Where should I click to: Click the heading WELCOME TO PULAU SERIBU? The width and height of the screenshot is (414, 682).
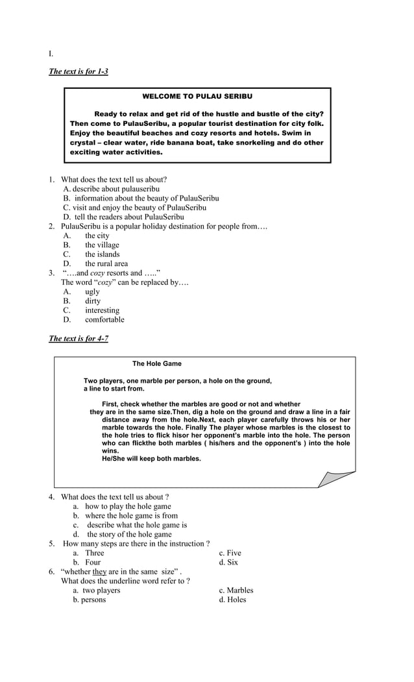[197, 97]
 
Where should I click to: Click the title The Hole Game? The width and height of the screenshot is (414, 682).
[157, 364]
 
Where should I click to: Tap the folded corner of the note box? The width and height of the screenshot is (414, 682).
[336, 478]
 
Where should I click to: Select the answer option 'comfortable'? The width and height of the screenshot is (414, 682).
[104, 320]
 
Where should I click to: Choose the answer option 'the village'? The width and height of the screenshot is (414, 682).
[102, 245]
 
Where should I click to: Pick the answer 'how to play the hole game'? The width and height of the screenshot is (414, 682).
[128, 507]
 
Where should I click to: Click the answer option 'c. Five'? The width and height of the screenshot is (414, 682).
[230, 554]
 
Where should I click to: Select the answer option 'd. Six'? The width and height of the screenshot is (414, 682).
[228, 563]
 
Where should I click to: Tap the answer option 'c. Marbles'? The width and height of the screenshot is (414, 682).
[236, 591]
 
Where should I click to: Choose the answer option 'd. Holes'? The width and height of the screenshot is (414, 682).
[232, 600]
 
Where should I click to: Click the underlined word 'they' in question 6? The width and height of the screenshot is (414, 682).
[99, 572]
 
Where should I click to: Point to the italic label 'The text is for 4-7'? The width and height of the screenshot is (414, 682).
[79, 339]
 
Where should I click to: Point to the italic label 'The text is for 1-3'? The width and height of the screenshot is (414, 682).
[79, 71]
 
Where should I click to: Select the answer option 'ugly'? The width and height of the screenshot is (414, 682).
[92, 292]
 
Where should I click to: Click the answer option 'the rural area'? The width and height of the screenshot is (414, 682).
[106, 264]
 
